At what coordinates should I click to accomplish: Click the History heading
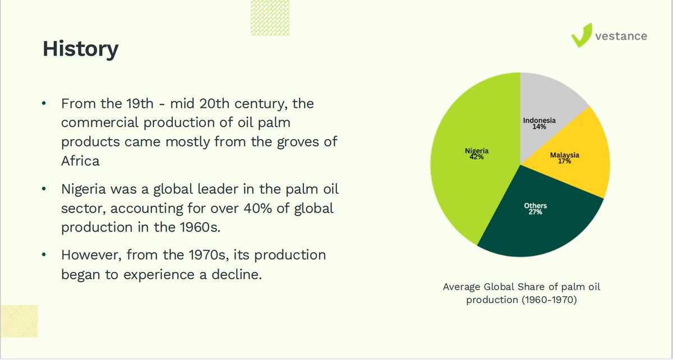[80, 49]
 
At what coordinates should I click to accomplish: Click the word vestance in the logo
[621, 36]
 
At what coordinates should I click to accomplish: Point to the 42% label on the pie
[477, 157]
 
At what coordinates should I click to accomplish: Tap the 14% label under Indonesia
[540, 127]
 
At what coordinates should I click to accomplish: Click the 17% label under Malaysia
[564, 161]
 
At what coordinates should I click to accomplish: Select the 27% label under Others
[535, 213]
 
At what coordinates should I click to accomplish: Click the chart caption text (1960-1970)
[522, 299]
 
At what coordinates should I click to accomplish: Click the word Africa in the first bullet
[80, 161]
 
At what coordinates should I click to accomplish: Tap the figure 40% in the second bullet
[260, 209]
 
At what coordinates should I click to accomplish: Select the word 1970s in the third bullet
[202, 255]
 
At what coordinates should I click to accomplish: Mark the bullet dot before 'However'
[44, 255]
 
